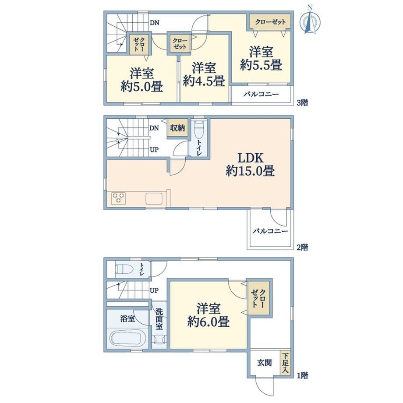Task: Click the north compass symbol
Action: coord(310,21)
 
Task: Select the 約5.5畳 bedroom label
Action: coord(261,58)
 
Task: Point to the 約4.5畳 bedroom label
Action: coord(204,74)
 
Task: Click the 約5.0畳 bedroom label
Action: coord(141,80)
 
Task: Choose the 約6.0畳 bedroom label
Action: coord(209,315)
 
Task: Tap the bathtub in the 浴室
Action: coord(128,338)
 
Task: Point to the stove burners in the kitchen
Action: coord(119,198)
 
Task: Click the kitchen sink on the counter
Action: coord(154,198)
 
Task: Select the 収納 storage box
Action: coord(177,128)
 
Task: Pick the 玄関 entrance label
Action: coord(265,363)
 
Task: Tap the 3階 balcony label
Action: coord(261,94)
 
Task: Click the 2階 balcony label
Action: coord(270,231)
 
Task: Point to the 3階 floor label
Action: coord(303,103)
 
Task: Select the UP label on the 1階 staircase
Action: coord(154,290)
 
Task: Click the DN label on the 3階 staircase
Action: coord(155,23)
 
